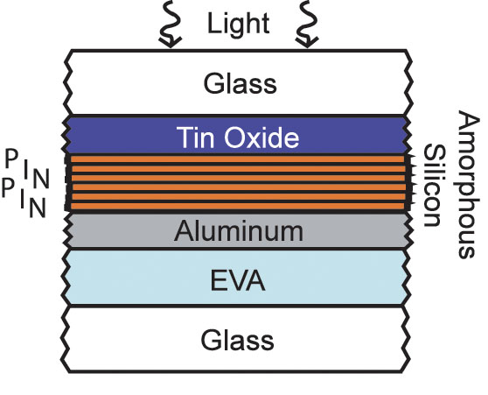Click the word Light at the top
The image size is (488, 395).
click(238, 24)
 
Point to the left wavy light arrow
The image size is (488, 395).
click(170, 24)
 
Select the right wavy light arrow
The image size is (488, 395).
click(307, 24)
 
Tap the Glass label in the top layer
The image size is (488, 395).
click(240, 83)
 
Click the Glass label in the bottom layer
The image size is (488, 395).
click(237, 340)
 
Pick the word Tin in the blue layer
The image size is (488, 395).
click(195, 138)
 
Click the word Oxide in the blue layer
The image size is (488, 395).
click(261, 138)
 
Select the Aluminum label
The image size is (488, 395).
click(239, 231)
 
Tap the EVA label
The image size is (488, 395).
click(238, 280)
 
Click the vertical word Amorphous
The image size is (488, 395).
click(467, 184)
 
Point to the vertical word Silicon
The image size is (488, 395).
click(434, 185)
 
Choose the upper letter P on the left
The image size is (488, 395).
click(11, 159)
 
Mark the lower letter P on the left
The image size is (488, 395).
click(8, 188)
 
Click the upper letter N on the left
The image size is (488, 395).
click(41, 179)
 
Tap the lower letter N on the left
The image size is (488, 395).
click(38, 208)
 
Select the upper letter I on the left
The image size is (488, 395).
click(26, 168)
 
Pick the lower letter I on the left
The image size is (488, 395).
click(23, 199)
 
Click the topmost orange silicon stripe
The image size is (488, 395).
click(238, 159)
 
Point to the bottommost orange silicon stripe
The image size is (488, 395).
click(238, 206)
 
